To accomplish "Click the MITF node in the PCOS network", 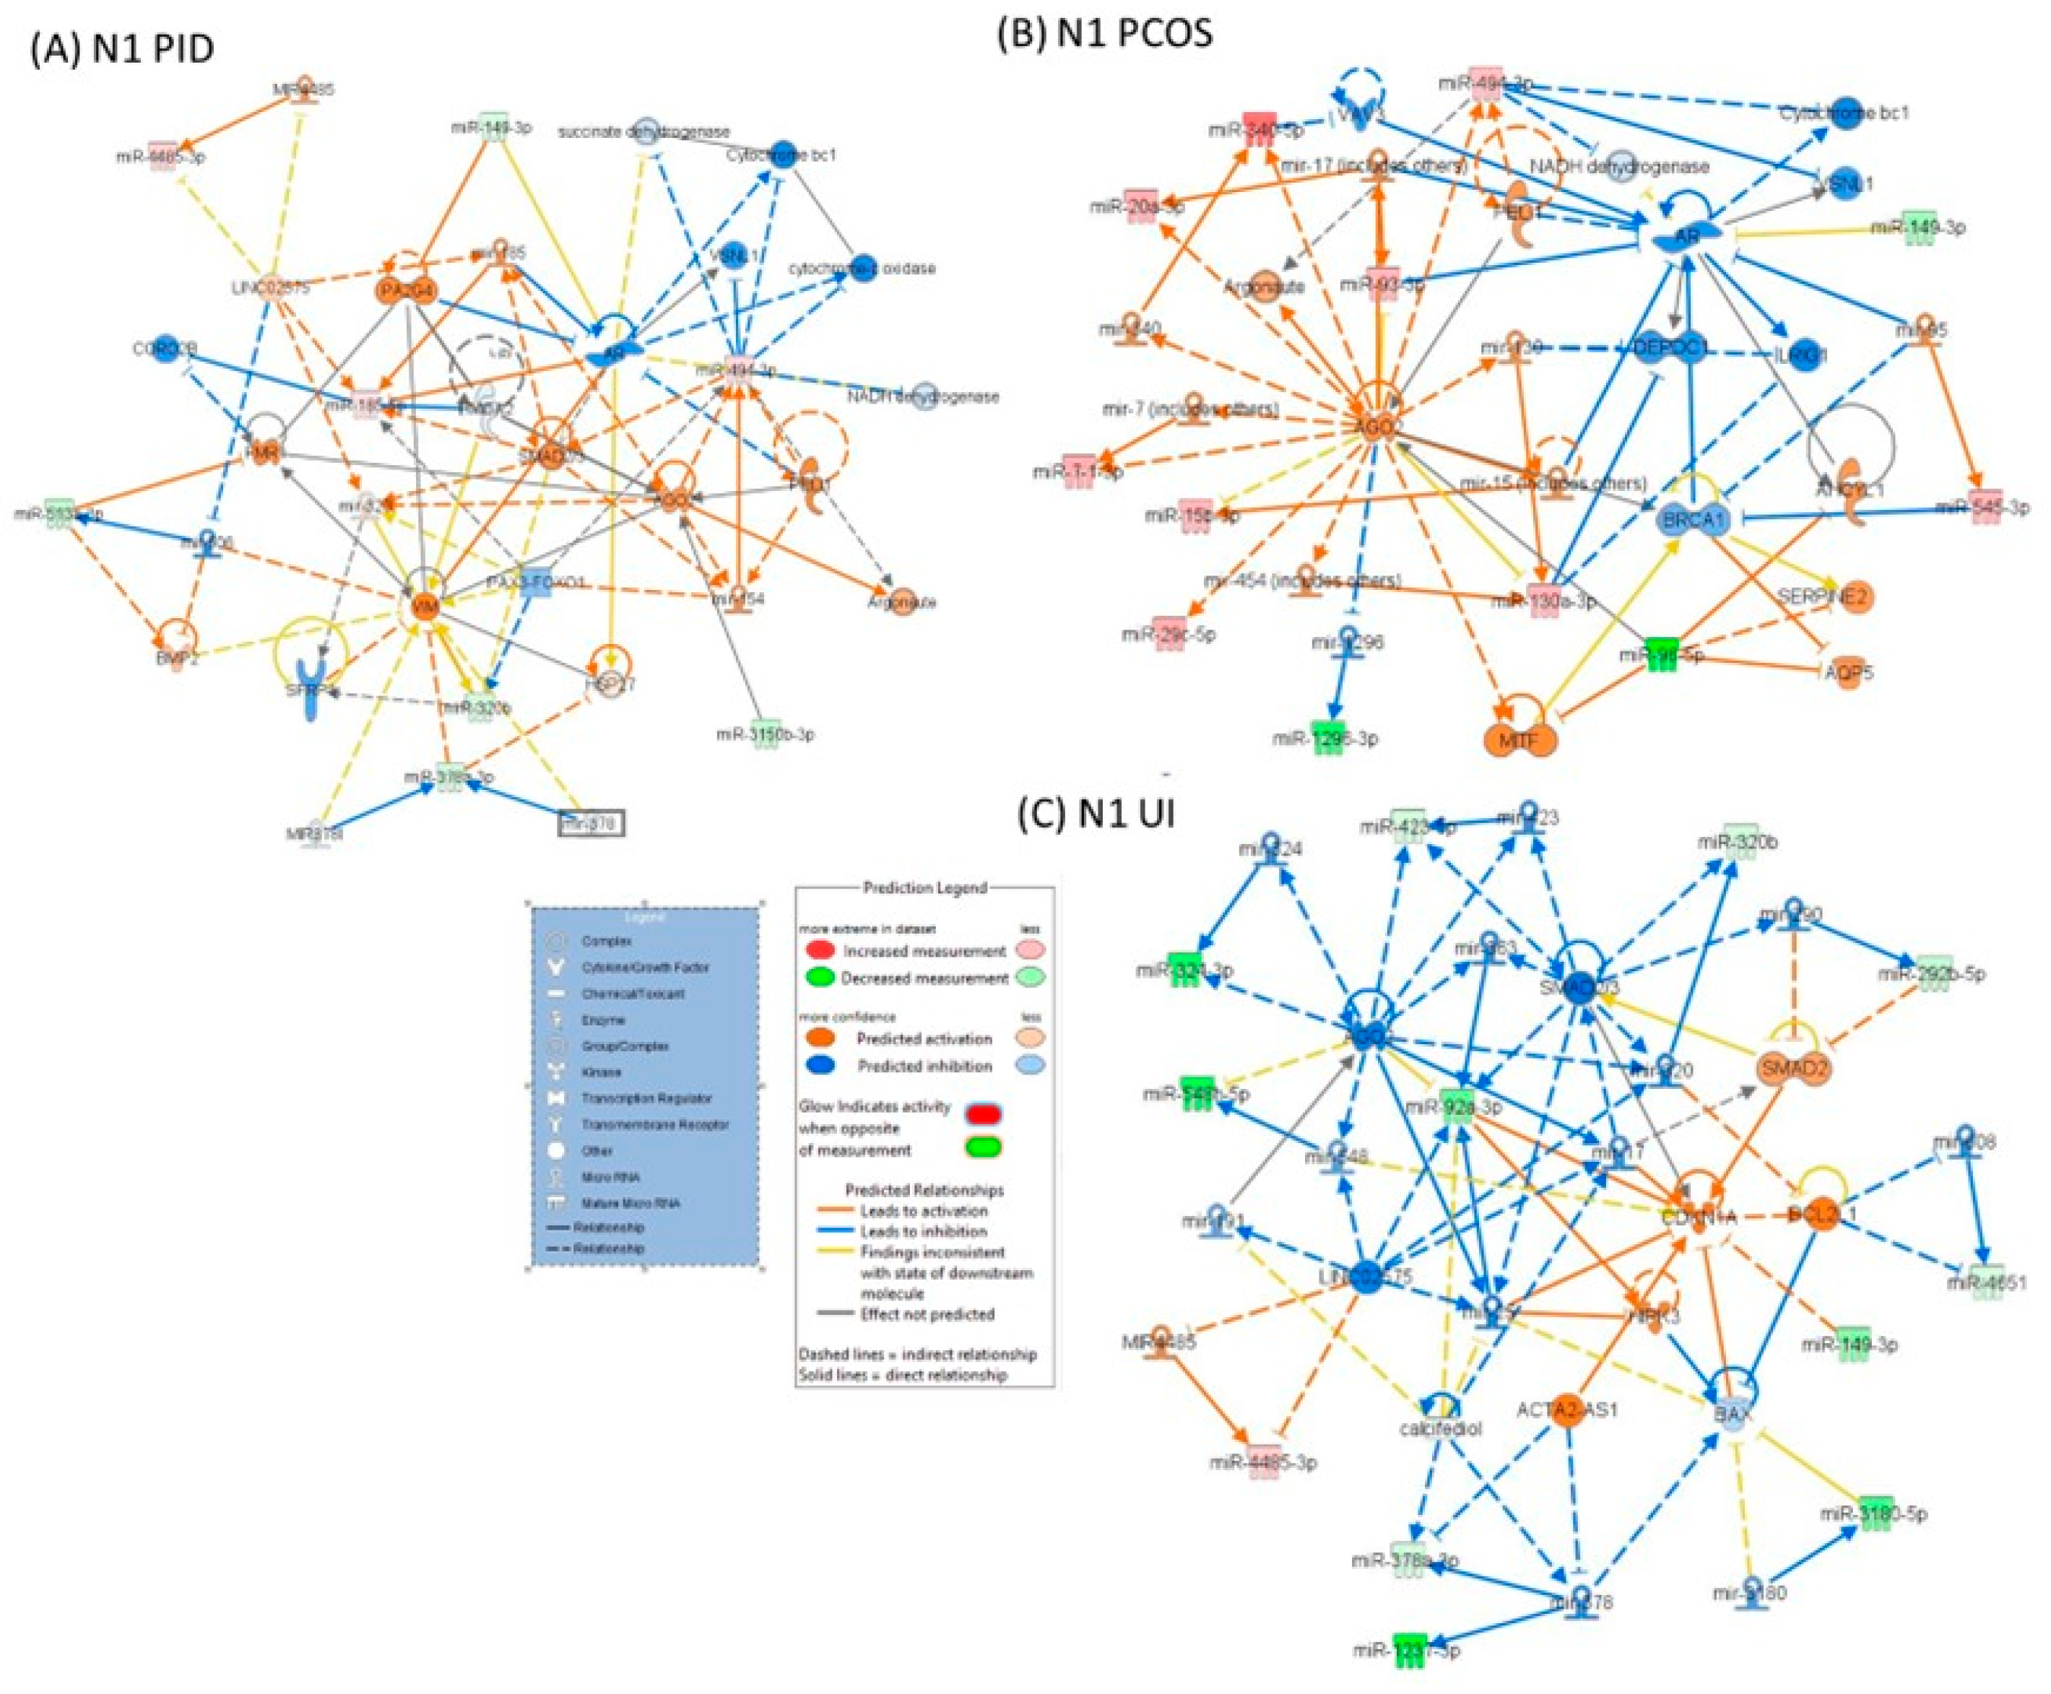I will [x=1518, y=739].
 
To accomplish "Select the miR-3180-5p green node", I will [x=1874, y=1513].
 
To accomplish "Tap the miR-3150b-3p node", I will [x=765, y=734].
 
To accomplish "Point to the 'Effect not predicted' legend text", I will [x=927, y=1314].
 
